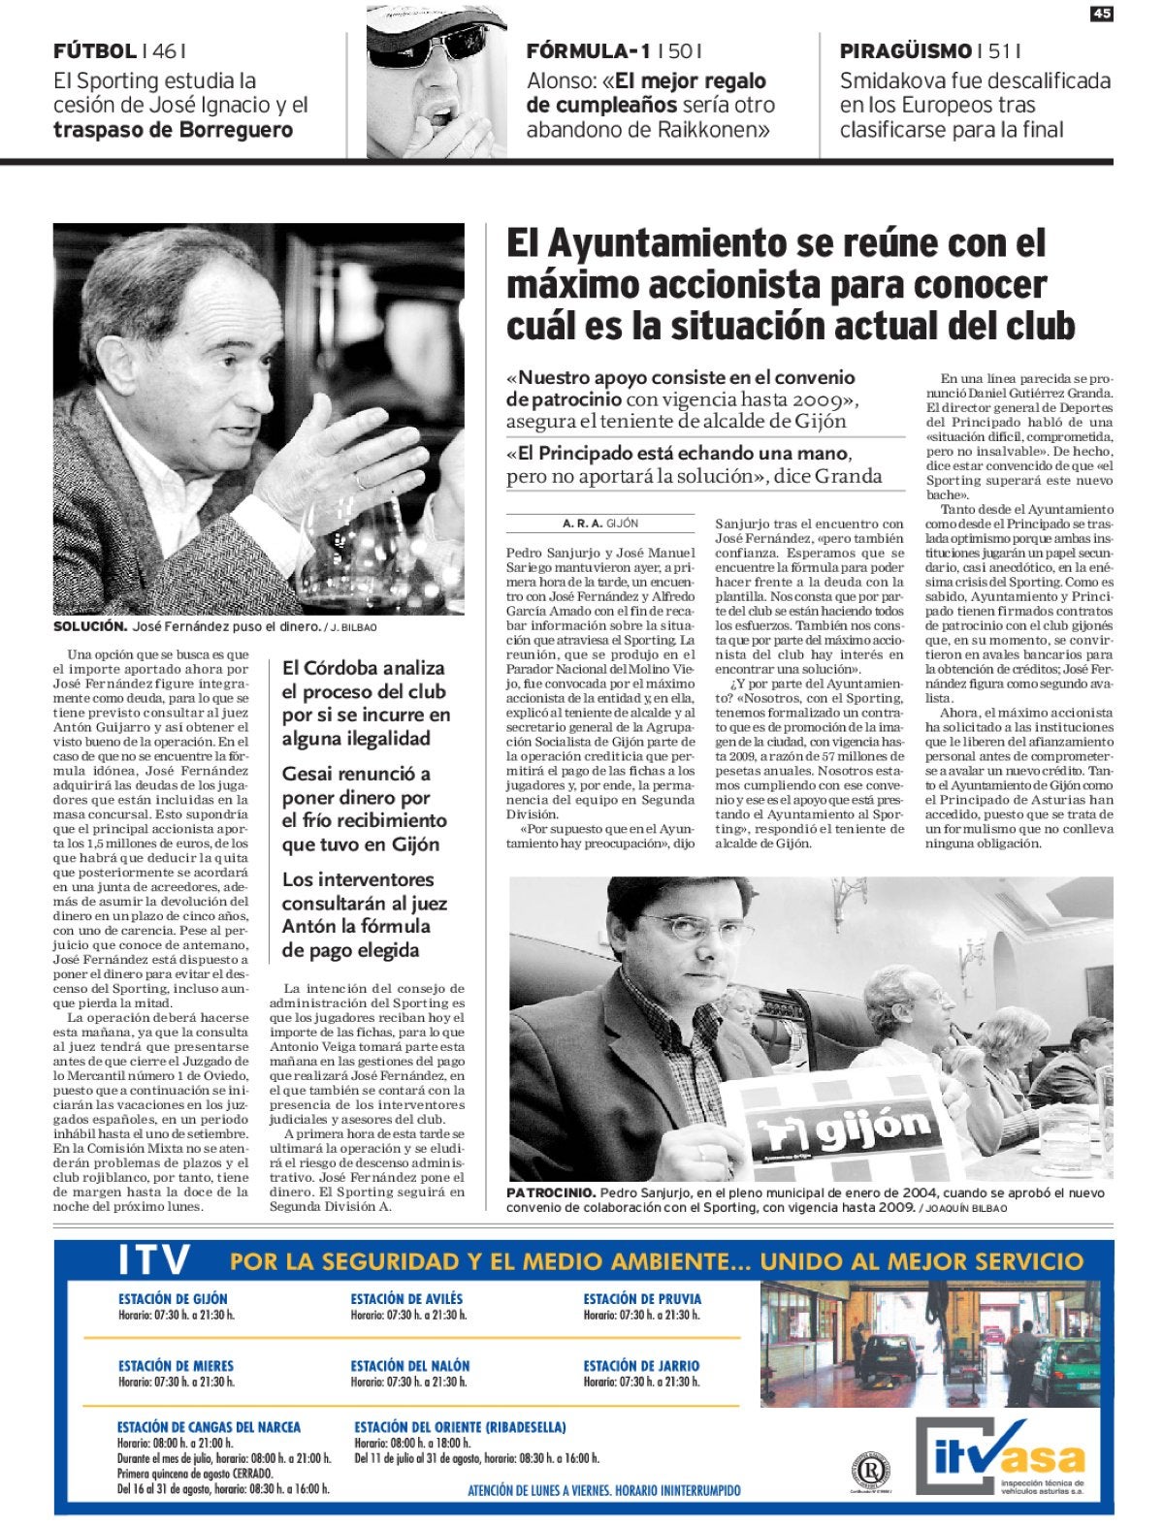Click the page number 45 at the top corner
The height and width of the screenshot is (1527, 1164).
[1101, 13]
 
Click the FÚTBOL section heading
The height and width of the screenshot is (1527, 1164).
[94, 52]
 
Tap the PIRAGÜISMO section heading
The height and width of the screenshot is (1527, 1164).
[905, 52]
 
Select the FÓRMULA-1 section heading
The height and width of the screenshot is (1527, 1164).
[588, 52]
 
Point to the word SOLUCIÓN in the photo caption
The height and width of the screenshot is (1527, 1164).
[90, 627]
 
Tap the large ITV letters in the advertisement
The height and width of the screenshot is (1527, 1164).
[154, 1261]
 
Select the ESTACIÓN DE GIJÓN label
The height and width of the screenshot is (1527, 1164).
[173, 1299]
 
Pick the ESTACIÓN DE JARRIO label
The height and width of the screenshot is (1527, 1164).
[640, 1366]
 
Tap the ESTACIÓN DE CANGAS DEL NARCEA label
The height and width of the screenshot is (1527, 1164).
[209, 1427]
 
